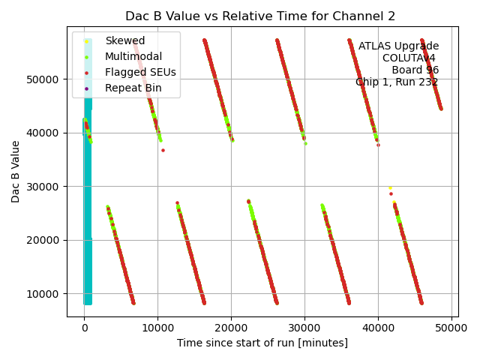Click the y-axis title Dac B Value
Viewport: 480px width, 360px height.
(16, 172)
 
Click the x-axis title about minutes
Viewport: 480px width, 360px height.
(262, 343)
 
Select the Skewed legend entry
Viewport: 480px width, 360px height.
(125, 40)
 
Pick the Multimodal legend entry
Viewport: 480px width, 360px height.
(133, 56)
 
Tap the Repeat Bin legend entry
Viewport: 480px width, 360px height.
(133, 88)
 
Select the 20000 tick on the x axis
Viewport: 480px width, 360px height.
(231, 328)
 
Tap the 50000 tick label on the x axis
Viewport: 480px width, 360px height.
(451, 328)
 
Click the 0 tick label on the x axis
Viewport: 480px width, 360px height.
(84, 328)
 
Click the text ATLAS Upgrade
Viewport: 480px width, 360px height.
(398, 46)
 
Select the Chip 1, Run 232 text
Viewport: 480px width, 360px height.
(397, 82)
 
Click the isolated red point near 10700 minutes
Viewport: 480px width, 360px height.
(163, 150)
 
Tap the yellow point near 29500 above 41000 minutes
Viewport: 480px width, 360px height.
(390, 187)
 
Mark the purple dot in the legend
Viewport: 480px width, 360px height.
(87, 88)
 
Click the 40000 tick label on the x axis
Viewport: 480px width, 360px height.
(377, 328)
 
